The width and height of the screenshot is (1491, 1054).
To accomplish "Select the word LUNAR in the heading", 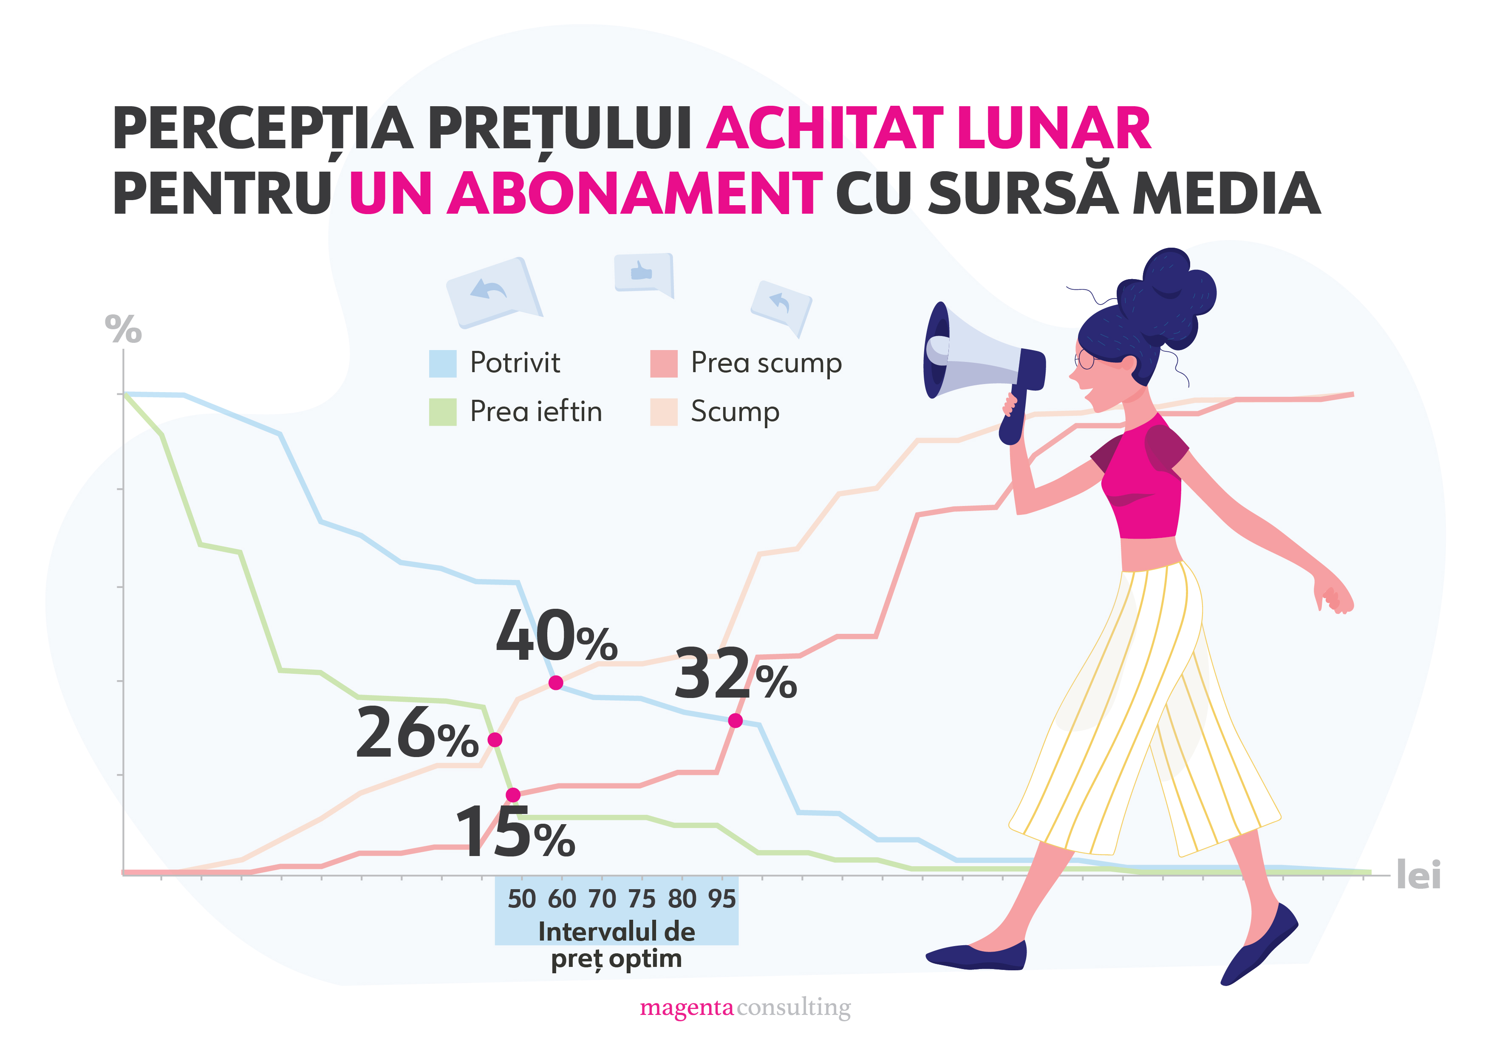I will (x=1053, y=129).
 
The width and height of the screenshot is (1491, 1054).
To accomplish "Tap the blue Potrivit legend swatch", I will (x=442, y=364).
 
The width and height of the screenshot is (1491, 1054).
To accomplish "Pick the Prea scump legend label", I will (x=766, y=363).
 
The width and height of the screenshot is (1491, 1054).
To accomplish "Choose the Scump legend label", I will (x=735, y=412).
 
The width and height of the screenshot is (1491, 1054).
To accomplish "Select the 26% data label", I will (x=417, y=734).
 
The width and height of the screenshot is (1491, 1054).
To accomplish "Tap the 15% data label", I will (x=515, y=833).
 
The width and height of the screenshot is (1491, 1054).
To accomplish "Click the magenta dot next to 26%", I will (x=495, y=740).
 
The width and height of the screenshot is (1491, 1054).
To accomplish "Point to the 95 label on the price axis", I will (x=721, y=899).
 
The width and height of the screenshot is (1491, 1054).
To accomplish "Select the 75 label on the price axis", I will (x=642, y=899).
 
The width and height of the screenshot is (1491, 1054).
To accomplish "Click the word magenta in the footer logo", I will (x=686, y=1008).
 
